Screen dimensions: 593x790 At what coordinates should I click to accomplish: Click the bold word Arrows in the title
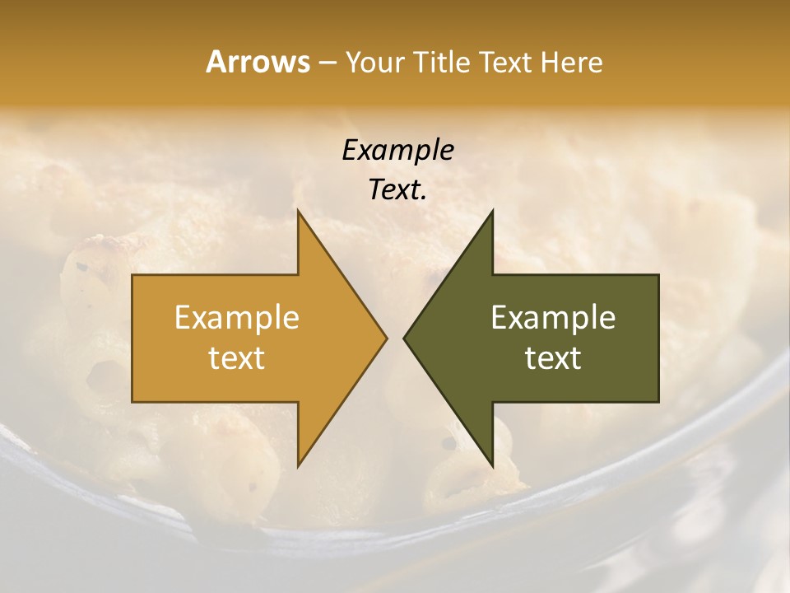pos(257,62)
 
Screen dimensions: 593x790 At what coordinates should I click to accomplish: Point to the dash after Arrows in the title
pos(327,63)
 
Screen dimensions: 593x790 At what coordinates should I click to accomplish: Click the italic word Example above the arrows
pos(398,151)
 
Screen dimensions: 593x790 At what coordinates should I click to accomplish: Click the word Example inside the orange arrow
pos(237,318)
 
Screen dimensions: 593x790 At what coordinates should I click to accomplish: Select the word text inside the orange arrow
pos(237,357)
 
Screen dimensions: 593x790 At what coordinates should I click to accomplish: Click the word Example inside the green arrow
pos(553,318)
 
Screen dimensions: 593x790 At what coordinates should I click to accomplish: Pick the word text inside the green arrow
pos(553,357)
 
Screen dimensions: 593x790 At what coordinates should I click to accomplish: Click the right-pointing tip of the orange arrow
pos(386,339)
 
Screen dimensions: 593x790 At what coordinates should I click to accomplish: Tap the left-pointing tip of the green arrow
pos(404,339)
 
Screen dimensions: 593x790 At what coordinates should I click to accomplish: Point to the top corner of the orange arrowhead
pos(298,211)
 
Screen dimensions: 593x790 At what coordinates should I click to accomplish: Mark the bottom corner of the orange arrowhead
pos(298,466)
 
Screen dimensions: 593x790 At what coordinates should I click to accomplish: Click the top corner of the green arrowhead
pos(492,211)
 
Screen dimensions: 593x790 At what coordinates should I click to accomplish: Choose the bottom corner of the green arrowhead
pos(492,466)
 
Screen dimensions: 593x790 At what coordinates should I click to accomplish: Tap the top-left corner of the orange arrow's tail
pos(133,275)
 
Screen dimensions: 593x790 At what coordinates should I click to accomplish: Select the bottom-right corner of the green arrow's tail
pos(658,401)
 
